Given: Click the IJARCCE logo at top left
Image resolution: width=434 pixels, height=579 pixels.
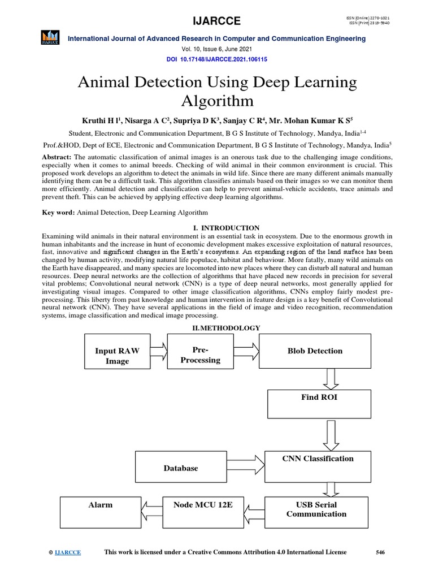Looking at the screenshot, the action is coord(50,37).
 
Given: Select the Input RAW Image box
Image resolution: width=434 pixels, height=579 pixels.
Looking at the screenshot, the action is coord(117,356).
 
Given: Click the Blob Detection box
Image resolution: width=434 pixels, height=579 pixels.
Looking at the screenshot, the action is coord(315,351).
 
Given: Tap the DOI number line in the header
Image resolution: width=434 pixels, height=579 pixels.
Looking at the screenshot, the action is coord(217,59).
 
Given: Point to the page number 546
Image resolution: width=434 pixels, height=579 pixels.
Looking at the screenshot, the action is coord(380,552).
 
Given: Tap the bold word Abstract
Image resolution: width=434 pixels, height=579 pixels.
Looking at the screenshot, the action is coord(57,157).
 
